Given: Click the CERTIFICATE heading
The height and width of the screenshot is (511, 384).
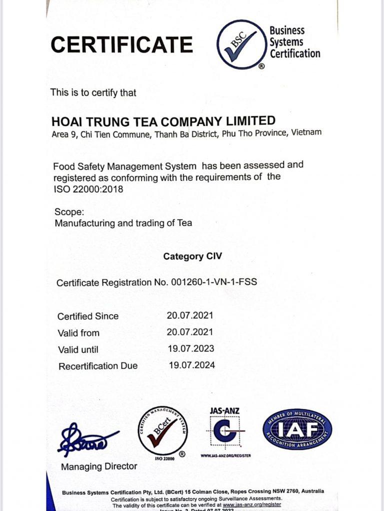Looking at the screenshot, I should click(121, 45).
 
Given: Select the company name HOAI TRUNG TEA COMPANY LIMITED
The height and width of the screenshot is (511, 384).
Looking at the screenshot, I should click(163, 121).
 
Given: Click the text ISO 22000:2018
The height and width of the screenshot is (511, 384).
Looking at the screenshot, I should click(88, 189).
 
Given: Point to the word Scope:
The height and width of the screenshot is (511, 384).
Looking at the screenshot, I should click(69, 211).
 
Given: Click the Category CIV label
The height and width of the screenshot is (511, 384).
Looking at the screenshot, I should click(192, 257).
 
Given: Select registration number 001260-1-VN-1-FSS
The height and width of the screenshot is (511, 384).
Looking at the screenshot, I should click(212, 282).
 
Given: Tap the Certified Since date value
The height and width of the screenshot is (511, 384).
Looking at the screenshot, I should click(190, 315).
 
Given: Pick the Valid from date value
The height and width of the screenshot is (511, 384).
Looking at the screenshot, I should click(190, 332).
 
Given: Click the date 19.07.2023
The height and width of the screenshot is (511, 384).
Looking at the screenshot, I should click(191, 348).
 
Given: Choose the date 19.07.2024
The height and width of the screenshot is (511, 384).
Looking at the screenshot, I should click(192, 365).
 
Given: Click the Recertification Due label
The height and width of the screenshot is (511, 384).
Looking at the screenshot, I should click(98, 366).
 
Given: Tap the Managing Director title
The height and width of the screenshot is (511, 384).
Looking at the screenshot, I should click(99, 467).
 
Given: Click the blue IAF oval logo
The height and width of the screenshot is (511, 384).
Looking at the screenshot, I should click(297, 429).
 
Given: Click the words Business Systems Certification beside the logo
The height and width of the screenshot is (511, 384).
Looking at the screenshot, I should click(294, 42).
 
